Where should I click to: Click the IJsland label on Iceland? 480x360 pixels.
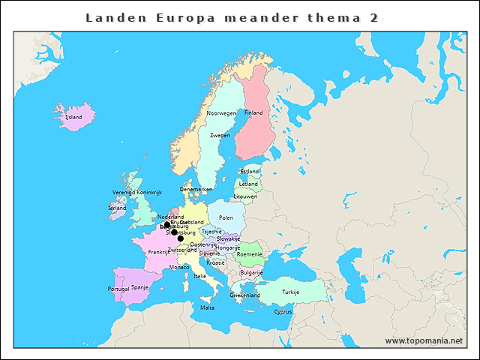73,117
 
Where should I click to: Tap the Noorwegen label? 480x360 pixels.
221,113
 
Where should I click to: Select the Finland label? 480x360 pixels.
253,112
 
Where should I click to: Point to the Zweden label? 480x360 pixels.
220,136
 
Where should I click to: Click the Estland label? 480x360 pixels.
250,172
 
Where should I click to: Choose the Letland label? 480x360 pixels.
248,184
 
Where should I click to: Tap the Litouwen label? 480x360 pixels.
245,196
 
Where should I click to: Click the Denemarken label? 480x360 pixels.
196,190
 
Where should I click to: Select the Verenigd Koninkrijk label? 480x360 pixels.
137,193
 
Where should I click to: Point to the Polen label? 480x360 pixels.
226,218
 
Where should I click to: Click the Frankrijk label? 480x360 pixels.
159,253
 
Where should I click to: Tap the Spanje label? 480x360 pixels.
139,287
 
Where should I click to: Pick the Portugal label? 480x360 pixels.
118,289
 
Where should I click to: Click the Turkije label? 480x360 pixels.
290,292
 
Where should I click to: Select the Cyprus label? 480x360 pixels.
283,312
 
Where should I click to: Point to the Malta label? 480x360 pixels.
207,308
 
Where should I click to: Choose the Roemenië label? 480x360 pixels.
249,254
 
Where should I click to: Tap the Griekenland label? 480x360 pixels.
245,295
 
